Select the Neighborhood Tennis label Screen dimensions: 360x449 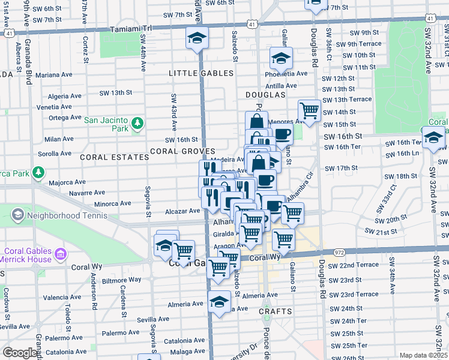point(56,214)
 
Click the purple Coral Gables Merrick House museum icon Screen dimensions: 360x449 point(59,255)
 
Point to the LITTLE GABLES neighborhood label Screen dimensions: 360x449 point(201,73)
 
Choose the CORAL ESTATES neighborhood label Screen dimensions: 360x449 point(114,157)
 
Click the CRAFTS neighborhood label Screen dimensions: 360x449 point(276,311)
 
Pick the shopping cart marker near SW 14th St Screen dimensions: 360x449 point(309,110)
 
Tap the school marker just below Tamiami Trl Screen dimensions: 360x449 point(196,37)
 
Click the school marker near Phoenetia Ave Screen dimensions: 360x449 point(280,58)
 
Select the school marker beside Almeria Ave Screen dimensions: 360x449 point(220,301)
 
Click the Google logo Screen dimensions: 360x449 point(20,353)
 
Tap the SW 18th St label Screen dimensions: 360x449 point(401,176)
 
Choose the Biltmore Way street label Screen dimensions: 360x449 point(121,280)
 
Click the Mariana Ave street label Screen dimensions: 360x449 point(54,76)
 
